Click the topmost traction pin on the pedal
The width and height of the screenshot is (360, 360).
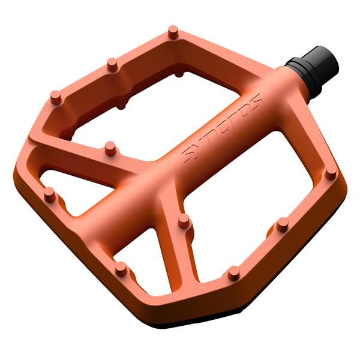pyautogui.click(x=173, y=31)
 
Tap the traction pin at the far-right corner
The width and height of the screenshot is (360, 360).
pyautogui.click(x=330, y=173)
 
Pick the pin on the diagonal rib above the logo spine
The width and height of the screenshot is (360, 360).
pyautogui.click(x=110, y=146)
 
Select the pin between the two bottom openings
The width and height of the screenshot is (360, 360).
pyautogui.click(x=184, y=221)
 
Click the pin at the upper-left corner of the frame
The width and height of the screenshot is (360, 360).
pyautogui.click(x=55, y=96)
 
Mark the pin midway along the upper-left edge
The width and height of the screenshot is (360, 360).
pyautogui.click(x=111, y=62)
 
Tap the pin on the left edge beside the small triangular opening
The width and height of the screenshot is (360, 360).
pyautogui.click(x=49, y=193)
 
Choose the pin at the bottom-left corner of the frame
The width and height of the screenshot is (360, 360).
pyautogui.click(x=121, y=268)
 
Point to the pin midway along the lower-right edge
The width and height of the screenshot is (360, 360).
pyautogui.click(x=282, y=224)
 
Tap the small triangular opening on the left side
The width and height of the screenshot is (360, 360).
pyautogui.click(x=66, y=180)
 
